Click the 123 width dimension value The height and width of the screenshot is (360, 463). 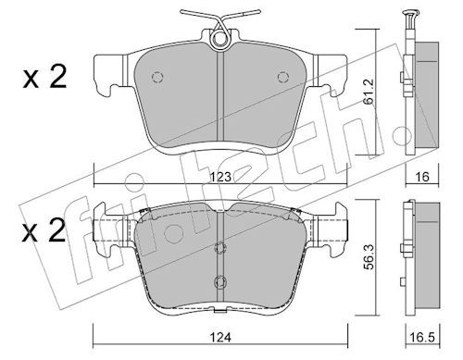coord(220,177)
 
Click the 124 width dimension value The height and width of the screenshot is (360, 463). coord(220,338)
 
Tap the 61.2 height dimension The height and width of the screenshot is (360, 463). coord(369,93)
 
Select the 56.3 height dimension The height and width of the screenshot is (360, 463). coord(369,256)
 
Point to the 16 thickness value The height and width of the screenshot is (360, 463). coord(422,177)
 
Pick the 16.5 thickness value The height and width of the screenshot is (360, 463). coord(422,338)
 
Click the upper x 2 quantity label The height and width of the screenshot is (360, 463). coord(44,77)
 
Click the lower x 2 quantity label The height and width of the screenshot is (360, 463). coord(44,230)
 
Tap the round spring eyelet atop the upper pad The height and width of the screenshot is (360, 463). coord(219,40)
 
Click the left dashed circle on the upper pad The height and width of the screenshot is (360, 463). coord(157,77)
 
